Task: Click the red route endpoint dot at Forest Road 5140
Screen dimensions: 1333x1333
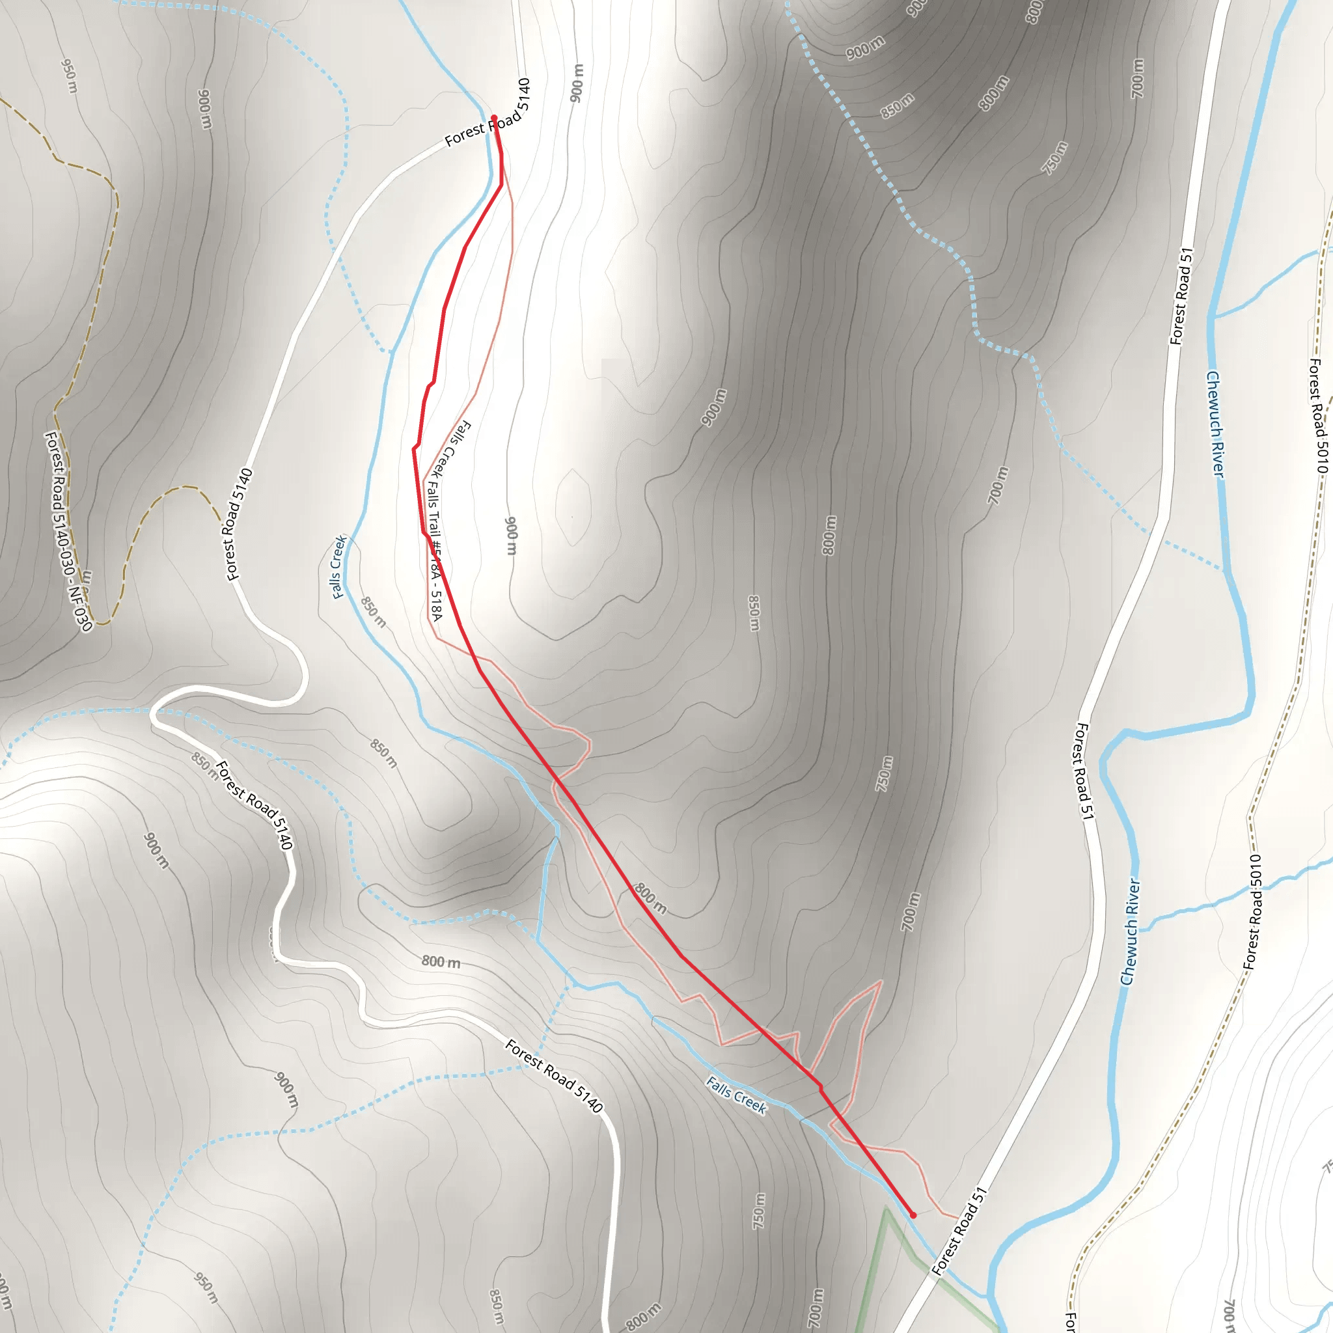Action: point(494,118)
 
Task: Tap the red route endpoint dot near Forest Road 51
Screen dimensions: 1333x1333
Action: point(913,1215)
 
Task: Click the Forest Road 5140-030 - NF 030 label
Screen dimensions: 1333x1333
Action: point(67,531)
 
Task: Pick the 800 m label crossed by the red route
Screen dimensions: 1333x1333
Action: point(650,898)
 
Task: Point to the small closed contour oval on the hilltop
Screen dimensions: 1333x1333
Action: point(572,507)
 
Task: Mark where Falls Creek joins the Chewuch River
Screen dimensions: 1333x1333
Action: point(991,1297)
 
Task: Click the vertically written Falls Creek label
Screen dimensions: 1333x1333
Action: point(338,567)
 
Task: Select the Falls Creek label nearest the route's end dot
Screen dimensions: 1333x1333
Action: point(736,1095)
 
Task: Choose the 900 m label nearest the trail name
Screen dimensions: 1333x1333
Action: point(510,536)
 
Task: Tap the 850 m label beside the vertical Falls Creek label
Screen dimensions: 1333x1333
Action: point(373,612)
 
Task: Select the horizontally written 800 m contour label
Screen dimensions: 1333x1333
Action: point(441,961)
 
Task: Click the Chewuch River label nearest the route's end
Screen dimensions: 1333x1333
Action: point(1129,932)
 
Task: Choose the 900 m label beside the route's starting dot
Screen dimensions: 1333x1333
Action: point(577,83)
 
